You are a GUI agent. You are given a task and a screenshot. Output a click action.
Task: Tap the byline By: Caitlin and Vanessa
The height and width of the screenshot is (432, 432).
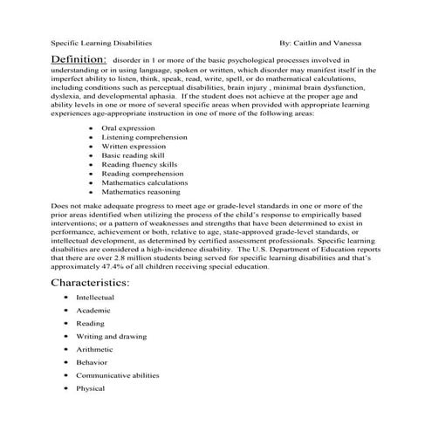[x=322, y=41]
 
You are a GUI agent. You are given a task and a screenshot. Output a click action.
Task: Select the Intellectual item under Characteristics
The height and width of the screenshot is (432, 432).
[x=95, y=298]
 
